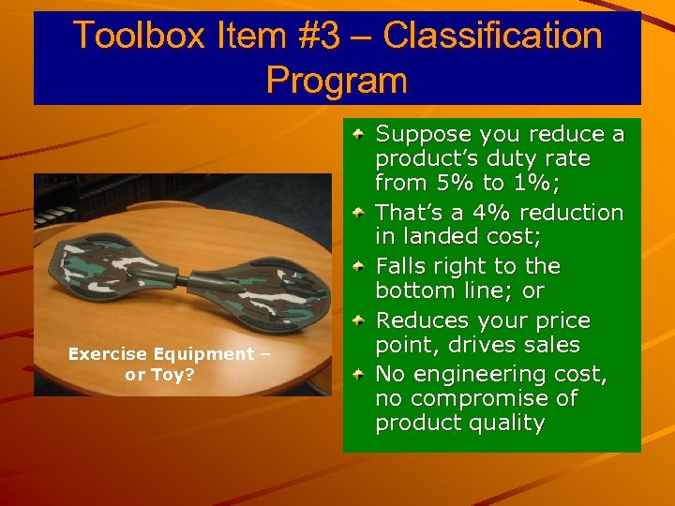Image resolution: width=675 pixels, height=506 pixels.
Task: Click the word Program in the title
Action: [337, 80]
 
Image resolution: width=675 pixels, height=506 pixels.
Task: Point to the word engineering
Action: [483, 374]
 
